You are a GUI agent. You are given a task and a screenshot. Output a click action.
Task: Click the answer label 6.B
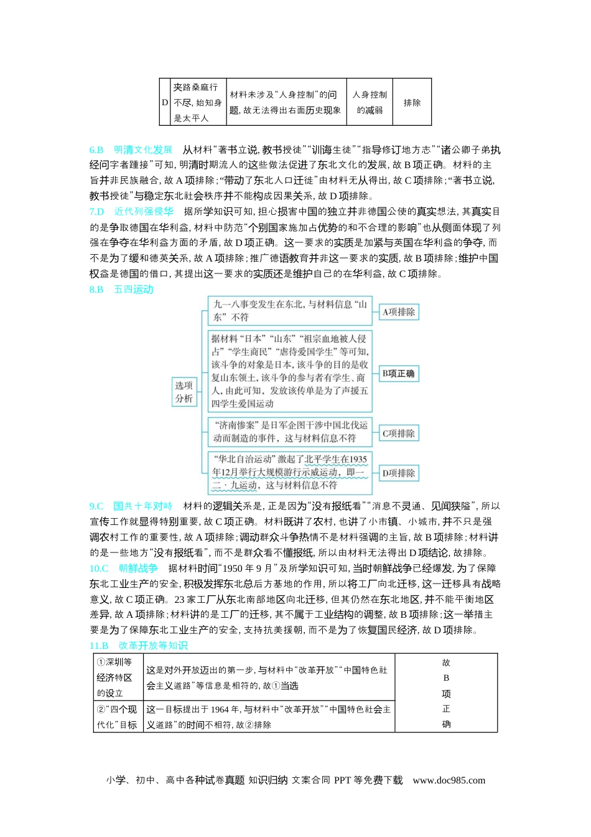[x=96, y=150]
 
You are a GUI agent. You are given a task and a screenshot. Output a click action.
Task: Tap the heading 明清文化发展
[x=142, y=150]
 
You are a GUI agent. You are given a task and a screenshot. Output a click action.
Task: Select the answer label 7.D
[x=96, y=212]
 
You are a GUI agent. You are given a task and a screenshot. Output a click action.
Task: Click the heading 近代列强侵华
[x=144, y=212]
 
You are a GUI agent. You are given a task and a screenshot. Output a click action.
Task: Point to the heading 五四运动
[x=133, y=290]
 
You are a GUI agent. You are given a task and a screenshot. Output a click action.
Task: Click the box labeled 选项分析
[x=184, y=392]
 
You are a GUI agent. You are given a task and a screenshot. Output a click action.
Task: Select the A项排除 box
[x=399, y=312]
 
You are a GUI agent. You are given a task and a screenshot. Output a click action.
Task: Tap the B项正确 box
[x=399, y=374]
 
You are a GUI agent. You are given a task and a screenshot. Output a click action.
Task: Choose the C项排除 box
[x=399, y=433]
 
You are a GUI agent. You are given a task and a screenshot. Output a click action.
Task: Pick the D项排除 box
[x=399, y=473]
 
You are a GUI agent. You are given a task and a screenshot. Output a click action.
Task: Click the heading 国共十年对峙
[x=142, y=506]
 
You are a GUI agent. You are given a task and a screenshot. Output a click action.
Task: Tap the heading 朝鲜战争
[x=138, y=569]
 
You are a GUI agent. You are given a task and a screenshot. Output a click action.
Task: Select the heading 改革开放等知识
[x=152, y=646]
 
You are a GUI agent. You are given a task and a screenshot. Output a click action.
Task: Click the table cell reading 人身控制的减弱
[x=370, y=102]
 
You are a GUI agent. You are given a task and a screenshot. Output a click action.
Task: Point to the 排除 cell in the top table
[x=412, y=103]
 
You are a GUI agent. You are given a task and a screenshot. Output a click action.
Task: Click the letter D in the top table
[x=165, y=103]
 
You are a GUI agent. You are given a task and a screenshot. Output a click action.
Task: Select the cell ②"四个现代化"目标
[x=118, y=717]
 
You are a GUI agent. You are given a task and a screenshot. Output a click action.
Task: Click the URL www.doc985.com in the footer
[x=449, y=780]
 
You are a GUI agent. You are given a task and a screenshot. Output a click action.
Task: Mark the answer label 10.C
[x=99, y=569]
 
